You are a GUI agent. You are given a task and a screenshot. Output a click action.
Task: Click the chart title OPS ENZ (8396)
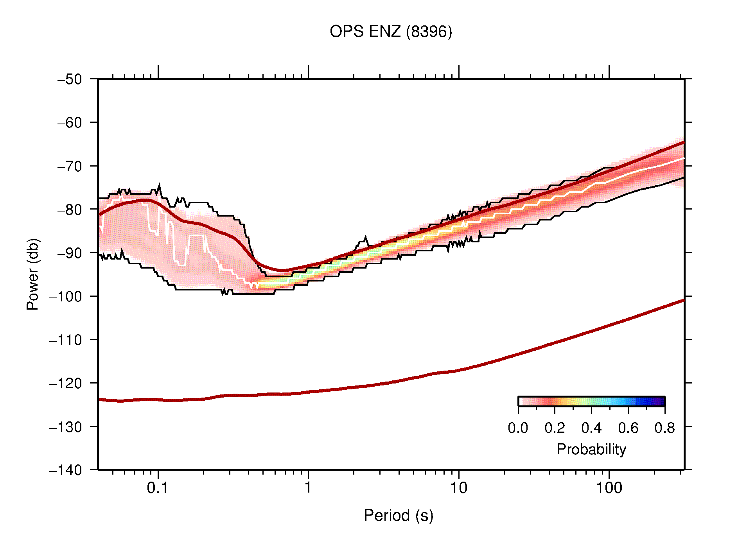tap(391, 32)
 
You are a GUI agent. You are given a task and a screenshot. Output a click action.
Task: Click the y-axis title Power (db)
tap(33, 274)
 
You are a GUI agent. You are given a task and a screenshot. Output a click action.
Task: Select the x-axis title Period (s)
tap(398, 515)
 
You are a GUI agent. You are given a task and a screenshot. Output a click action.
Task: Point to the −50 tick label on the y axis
tap(70, 79)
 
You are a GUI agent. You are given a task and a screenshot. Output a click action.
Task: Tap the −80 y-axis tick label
tap(70, 210)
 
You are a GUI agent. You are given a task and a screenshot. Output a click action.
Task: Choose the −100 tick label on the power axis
tap(66, 296)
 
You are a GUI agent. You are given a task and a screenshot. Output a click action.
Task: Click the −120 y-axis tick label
tap(66, 383)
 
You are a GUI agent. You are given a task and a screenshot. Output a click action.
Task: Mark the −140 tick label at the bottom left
tap(66, 470)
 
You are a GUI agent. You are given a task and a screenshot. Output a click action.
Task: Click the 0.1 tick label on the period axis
tap(158, 488)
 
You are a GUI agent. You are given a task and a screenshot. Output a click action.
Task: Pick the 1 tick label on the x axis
tap(308, 488)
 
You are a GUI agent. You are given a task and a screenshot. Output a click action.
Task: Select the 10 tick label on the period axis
tap(458, 488)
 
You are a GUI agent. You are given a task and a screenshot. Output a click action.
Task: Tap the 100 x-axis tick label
tap(609, 488)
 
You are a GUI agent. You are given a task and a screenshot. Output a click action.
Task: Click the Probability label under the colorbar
tap(591, 449)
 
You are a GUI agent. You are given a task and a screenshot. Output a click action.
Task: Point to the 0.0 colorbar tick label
tap(518, 428)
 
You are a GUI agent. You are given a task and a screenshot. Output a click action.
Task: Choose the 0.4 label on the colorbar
tap(591, 428)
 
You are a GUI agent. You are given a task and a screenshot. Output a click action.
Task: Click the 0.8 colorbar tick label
tap(664, 428)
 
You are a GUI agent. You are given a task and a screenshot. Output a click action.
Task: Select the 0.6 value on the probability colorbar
tap(628, 428)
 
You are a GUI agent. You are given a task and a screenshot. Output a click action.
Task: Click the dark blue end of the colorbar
tap(660, 401)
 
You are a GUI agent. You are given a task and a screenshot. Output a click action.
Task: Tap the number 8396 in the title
tap(429, 32)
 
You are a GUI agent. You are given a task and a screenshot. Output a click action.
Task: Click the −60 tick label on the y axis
tap(70, 123)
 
